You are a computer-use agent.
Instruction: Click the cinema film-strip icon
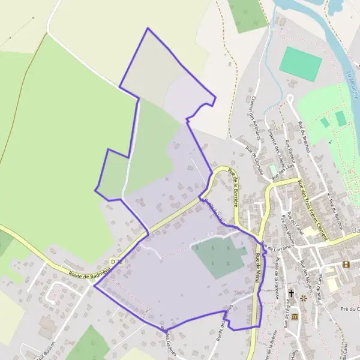346,264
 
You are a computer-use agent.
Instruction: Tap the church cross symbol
292,293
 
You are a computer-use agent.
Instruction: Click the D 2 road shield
116,262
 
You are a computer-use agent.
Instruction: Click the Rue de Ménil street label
259,265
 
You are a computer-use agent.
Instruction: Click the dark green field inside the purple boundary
218,256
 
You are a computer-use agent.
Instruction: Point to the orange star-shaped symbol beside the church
303,297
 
